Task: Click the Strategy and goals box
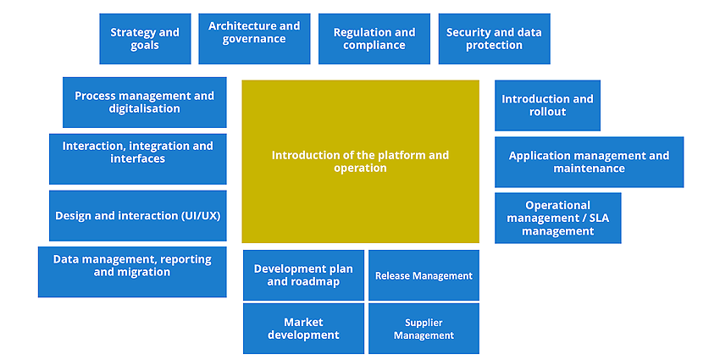[x=145, y=39]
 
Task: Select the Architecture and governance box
[x=254, y=39]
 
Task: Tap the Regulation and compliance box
[x=374, y=39]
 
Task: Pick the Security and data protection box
[x=494, y=39]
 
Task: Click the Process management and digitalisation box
[x=145, y=102]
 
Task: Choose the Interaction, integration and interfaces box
[x=138, y=159]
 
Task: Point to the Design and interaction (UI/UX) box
[x=138, y=216]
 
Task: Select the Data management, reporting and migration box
[x=132, y=272]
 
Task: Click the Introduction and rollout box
[x=547, y=106]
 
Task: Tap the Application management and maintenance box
[x=590, y=162]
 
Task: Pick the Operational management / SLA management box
[x=558, y=218]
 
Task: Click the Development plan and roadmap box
[x=303, y=275]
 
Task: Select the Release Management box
[x=424, y=275]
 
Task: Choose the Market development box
[x=303, y=329]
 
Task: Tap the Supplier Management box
[x=424, y=329]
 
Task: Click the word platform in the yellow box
[x=400, y=155]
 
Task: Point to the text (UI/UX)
[x=201, y=216]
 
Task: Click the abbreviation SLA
[x=598, y=218]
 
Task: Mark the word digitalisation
[x=145, y=108]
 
